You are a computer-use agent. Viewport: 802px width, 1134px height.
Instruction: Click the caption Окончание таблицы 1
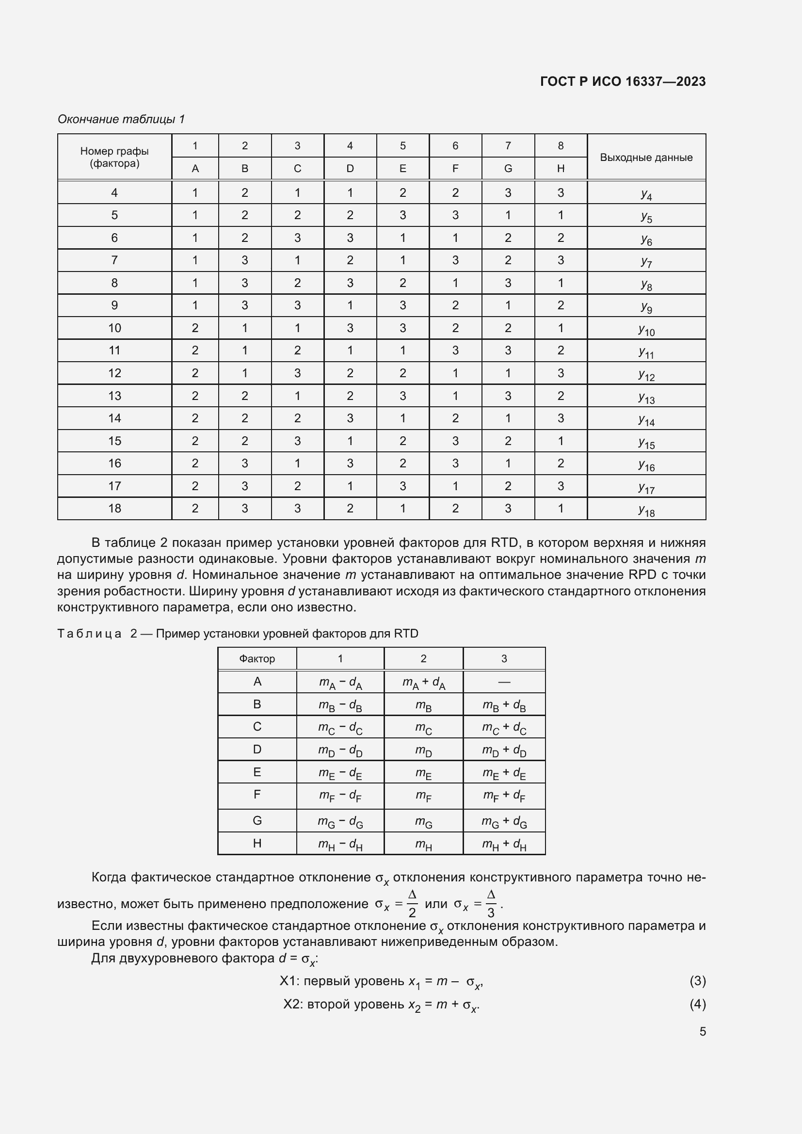tap(121, 119)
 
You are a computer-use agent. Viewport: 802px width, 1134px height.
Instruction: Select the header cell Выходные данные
tap(646, 158)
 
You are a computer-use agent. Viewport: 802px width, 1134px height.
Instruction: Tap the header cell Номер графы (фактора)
tap(114, 157)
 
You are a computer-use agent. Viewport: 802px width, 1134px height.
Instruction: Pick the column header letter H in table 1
tap(561, 168)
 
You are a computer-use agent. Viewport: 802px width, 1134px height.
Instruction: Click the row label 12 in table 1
tap(114, 373)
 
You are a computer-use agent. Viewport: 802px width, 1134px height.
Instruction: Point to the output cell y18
tap(646, 509)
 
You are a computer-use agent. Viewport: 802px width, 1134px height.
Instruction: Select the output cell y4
tap(646, 193)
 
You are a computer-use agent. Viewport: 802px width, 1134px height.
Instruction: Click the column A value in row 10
tap(195, 328)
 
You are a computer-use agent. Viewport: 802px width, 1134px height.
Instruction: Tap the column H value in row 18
tap(561, 508)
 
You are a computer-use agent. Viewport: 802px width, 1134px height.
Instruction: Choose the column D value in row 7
tap(350, 260)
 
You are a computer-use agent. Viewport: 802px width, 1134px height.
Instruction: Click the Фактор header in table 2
tap(257, 658)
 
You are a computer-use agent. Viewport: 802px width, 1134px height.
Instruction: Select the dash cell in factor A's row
tap(504, 682)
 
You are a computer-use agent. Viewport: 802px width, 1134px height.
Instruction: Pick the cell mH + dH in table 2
tap(504, 844)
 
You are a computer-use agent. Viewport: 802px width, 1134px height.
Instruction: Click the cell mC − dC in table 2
tap(340, 728)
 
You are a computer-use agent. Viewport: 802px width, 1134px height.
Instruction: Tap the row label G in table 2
tap(257, 820)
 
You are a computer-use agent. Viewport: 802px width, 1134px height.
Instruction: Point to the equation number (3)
tap(697, 980)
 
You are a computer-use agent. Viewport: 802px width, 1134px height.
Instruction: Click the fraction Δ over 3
tap(490, 903)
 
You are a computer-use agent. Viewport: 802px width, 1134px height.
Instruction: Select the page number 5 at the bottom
tap(702, 1031)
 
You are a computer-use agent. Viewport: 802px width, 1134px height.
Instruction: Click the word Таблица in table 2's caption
tap(89, 634)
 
